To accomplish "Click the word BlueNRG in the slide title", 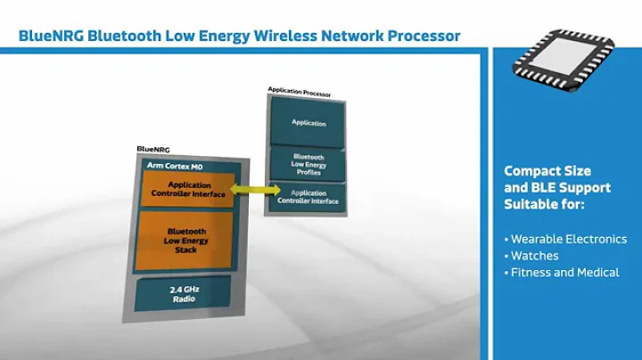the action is tap(51, 36).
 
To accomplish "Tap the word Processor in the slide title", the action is tap(424, 36).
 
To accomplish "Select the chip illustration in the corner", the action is tap(564, 60).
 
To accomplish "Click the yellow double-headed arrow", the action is tap(256, 190).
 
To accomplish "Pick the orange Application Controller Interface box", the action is tap(188, 190).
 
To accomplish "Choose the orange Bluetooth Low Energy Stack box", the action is tap(185, 241).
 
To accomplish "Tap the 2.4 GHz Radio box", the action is tap(184, 293).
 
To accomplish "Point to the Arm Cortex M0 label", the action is tap(175, 166).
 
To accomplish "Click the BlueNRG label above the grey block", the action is tap(153, 150).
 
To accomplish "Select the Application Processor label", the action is tap(300, 92).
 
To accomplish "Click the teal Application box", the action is tap(308, 122).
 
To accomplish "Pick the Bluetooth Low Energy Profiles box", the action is tap(308, 165).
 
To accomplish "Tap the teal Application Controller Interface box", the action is tap(308, 197).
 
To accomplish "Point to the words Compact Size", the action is tap(547, 171).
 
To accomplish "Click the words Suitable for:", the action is tap(544, 204).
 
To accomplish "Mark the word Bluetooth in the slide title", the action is tap(125, 36).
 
